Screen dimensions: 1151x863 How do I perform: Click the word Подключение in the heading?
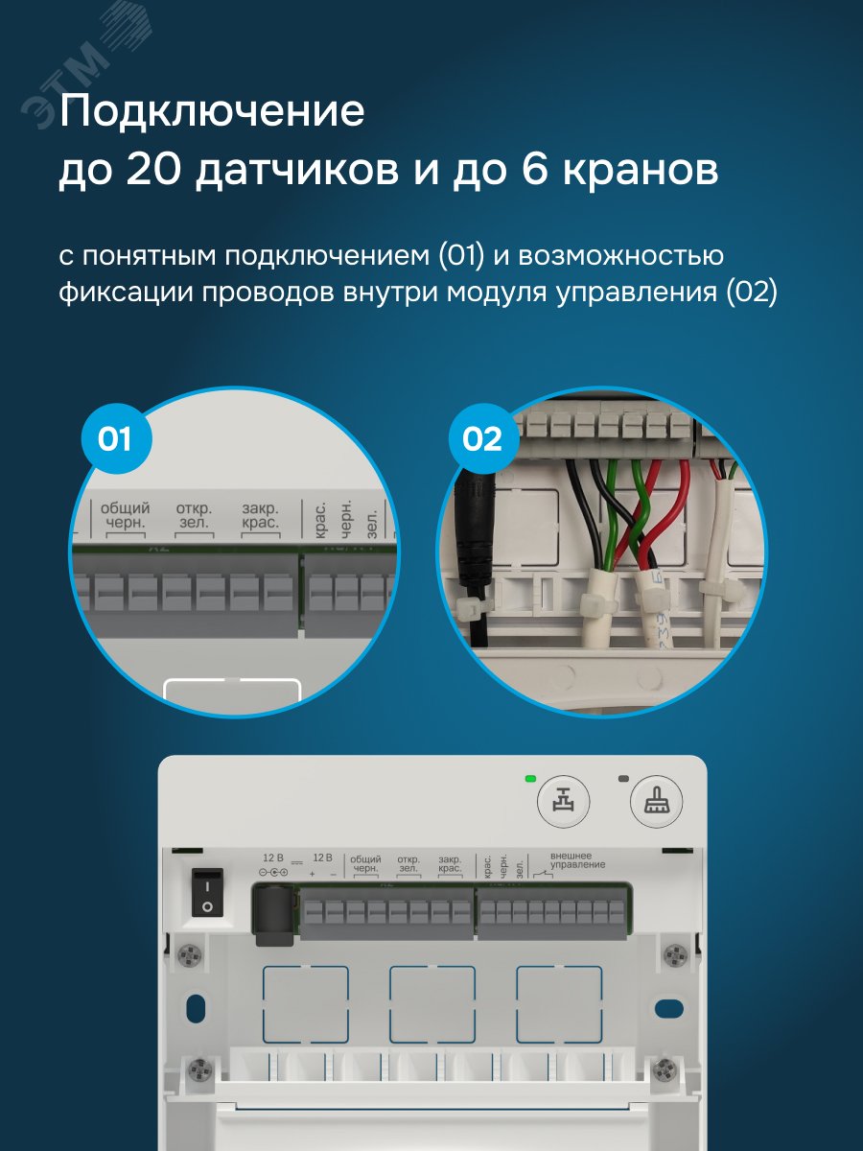(x=212, y=113)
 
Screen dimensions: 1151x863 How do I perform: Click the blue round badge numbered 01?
(x=114, y=439)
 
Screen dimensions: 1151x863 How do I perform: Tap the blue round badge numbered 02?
(x=481, y=439)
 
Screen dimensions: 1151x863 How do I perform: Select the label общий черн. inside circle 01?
(x=125, y=515)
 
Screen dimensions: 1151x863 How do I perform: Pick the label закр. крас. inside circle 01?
(x=260, y=515)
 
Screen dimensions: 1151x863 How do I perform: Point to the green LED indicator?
(x=529, y=778)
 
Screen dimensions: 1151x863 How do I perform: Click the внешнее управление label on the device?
(x=576, y=859)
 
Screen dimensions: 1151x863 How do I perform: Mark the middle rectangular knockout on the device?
(x=432, y=1003)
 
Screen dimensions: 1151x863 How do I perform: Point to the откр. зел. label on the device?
(x=408, y=863)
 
